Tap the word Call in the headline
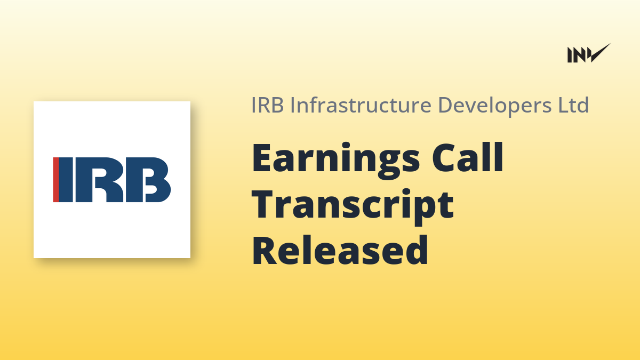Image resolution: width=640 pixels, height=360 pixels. tap(467, 157)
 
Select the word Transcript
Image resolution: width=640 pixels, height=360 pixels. tap(353, 206)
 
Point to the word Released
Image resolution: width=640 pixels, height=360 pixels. tap(340, 250)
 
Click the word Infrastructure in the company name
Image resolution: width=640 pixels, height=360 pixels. tap(361, 105)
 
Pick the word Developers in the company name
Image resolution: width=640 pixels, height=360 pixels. tap(494, 106)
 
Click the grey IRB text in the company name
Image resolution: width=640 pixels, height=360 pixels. tap(267, 105)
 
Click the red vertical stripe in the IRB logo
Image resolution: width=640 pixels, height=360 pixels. tap(56, 180)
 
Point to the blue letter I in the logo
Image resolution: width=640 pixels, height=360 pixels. tap(66, 180)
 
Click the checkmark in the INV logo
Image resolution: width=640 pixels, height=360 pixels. tap(600, 53)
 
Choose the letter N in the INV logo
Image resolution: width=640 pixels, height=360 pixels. tap(580, 55)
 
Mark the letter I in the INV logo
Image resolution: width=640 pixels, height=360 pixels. tap(570, 55)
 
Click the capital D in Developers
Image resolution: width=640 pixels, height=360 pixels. tap(445, 105)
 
